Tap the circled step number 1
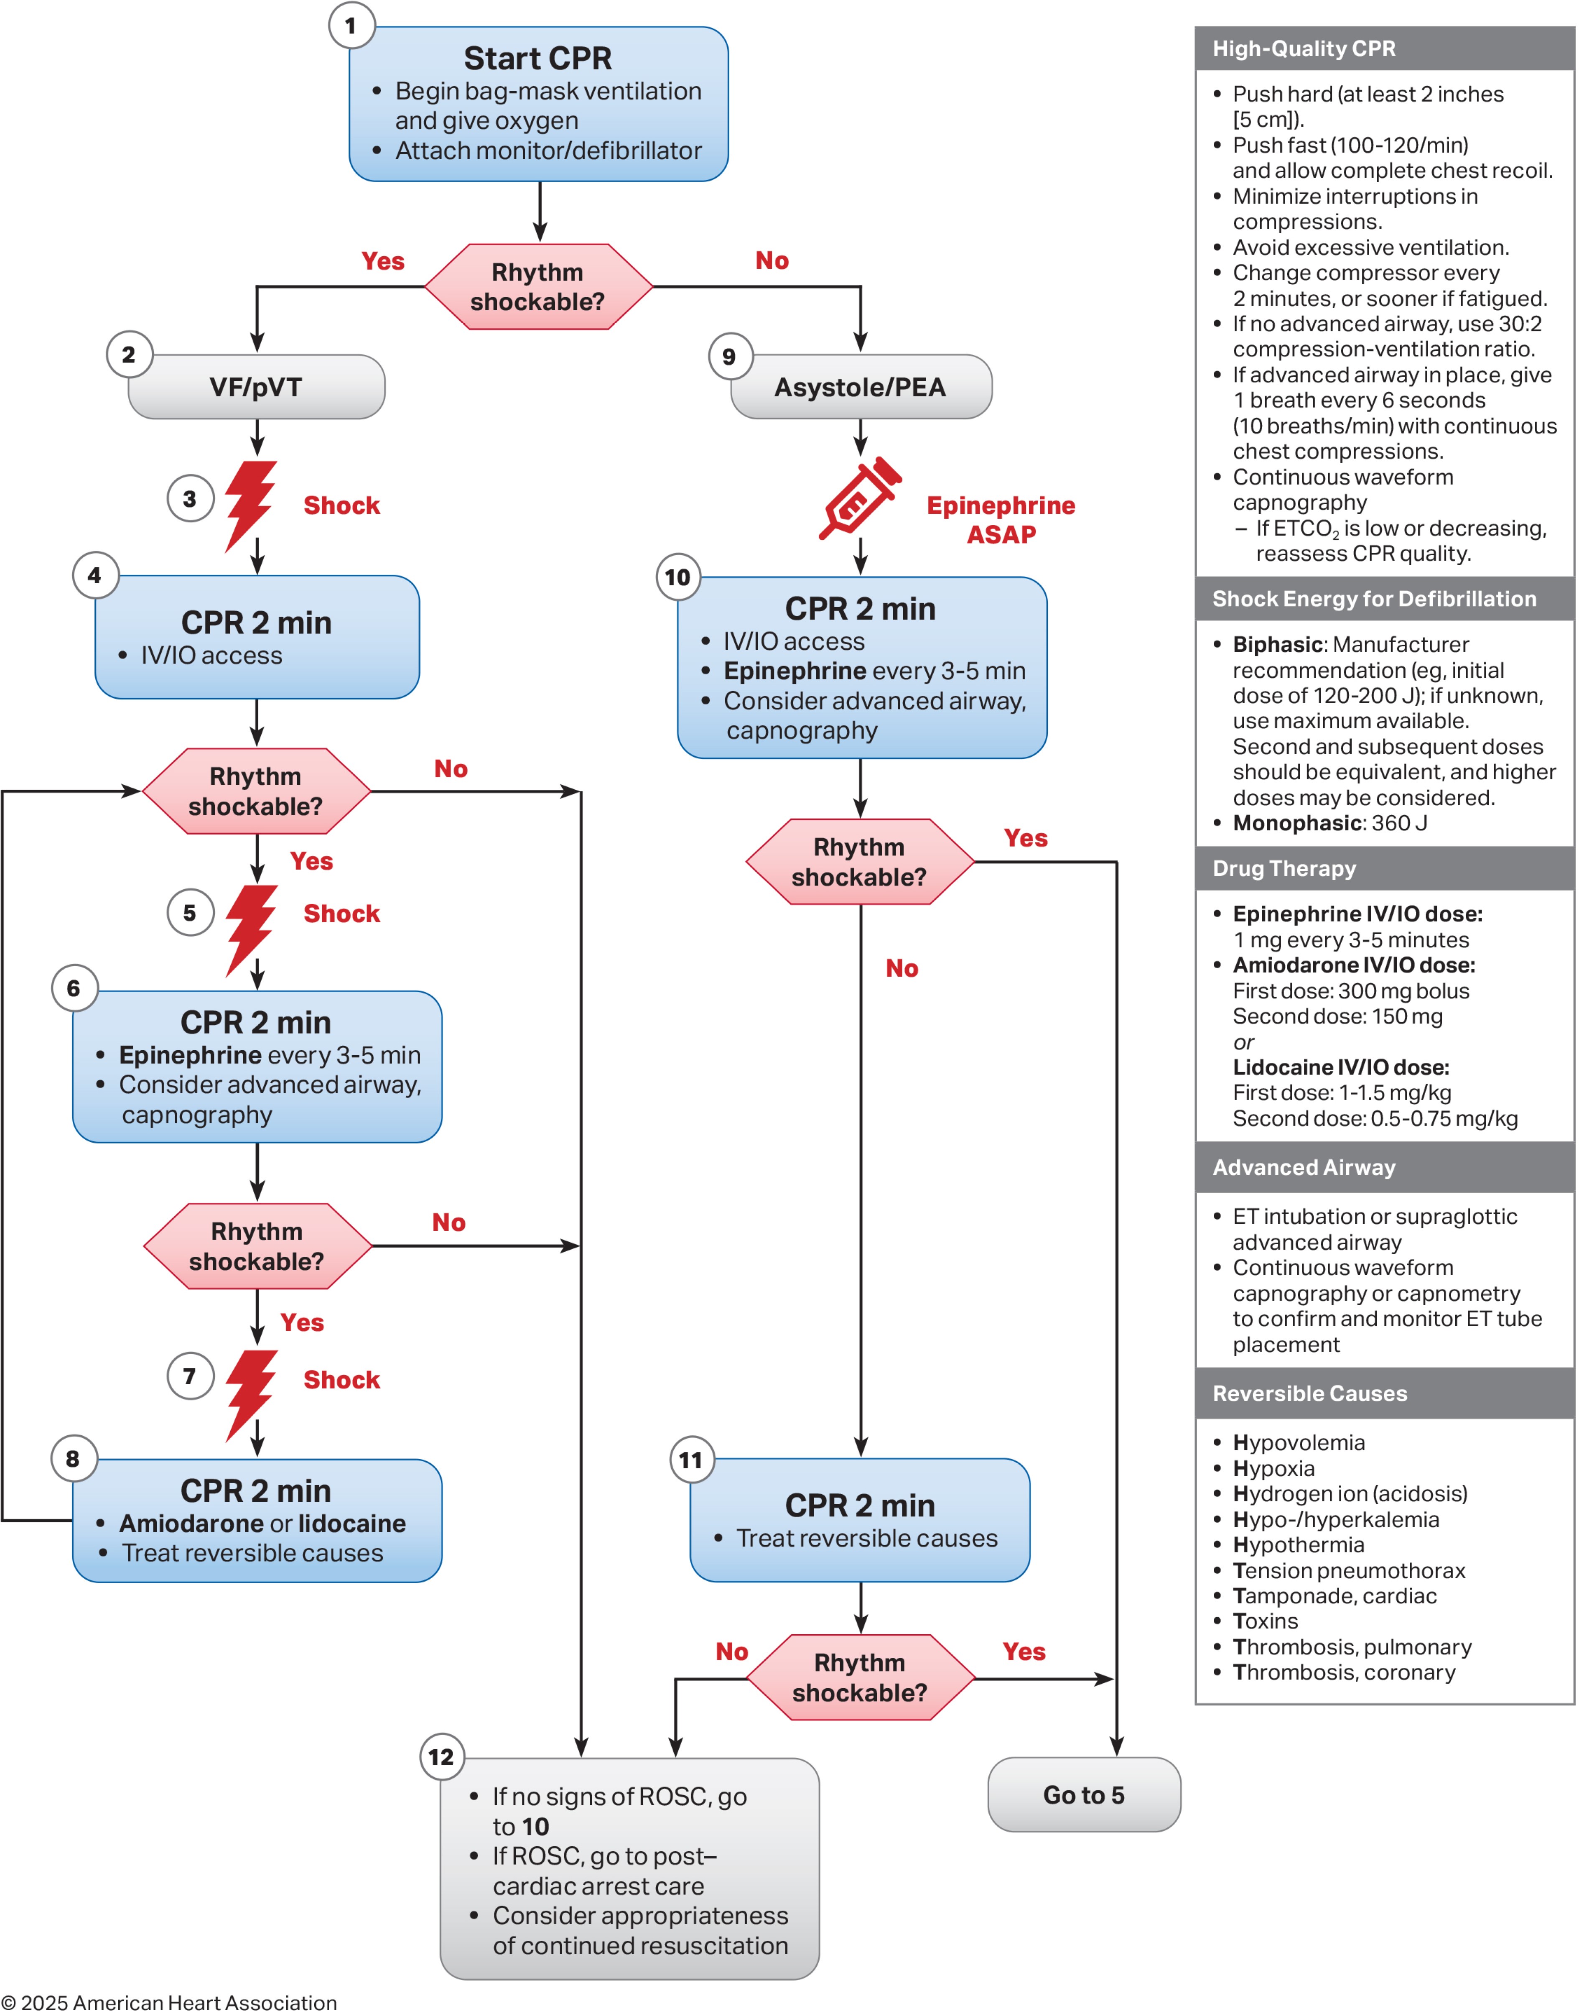[x=350, y=26]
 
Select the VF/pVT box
[x=256, y=386]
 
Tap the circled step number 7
[x=189, y=1376]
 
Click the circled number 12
[x=441, y=1757]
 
